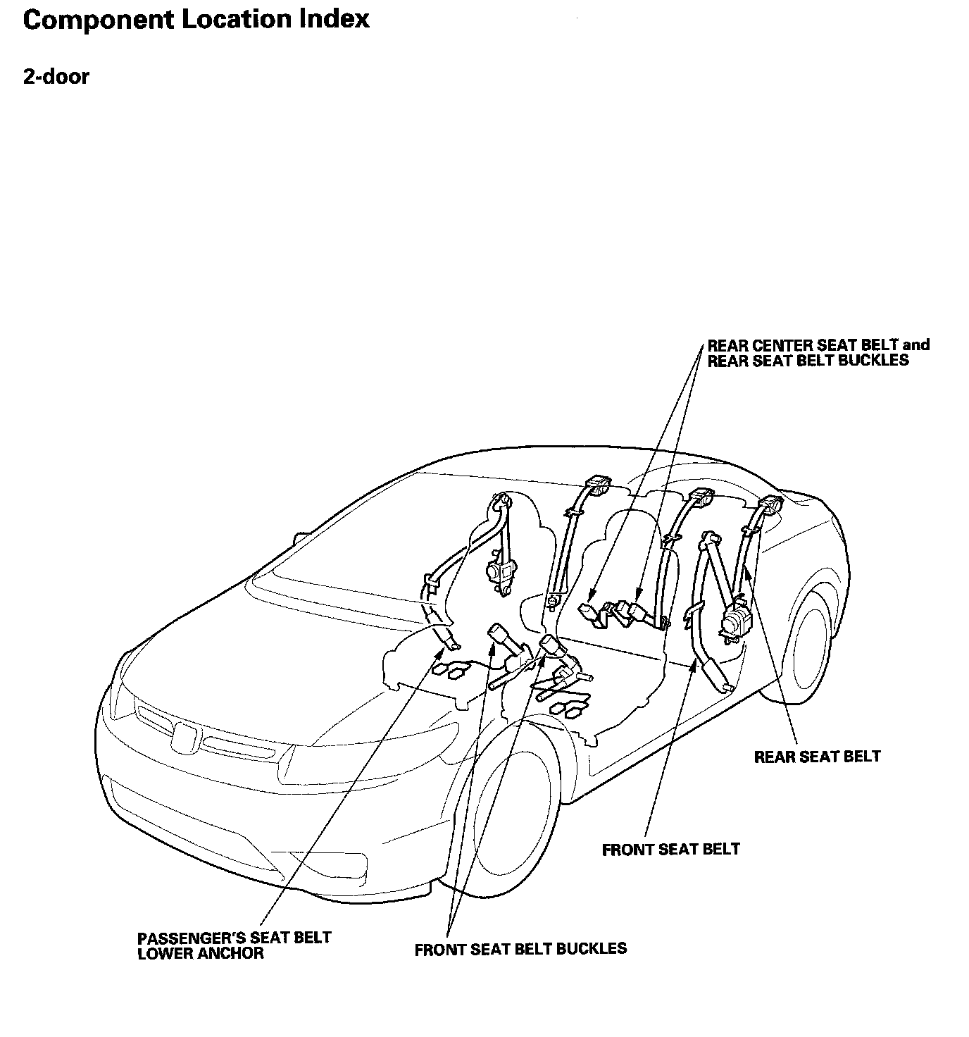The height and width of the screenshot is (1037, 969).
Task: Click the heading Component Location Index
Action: pos(196,20)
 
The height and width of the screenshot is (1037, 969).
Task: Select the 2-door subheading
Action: pos(56,77)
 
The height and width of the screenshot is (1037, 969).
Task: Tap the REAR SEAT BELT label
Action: pos(817,757)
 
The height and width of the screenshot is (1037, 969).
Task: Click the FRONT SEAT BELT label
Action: pos(670,849)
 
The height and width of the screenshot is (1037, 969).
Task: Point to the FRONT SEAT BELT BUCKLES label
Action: pos(520,948)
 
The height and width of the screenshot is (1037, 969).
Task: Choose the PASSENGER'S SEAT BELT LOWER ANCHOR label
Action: pos(234,945)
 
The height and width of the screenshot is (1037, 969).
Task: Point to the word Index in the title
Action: pos(337,20)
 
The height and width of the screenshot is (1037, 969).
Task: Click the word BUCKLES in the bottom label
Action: pos(591,948)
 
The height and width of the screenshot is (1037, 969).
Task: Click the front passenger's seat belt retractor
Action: pos(502,569)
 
